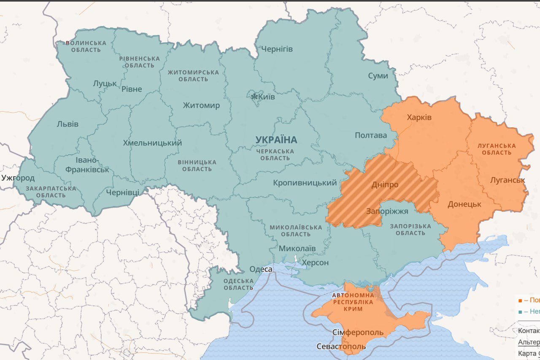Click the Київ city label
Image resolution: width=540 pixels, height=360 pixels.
pos(267,97)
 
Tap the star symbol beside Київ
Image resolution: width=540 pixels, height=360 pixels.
pos(254,97)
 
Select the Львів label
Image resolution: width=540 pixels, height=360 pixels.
pos(67,124)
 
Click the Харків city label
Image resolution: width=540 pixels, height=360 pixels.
pos(419,117)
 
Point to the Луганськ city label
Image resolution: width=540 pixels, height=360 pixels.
pos(507,180)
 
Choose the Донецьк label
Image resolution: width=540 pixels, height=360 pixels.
pos(464,204)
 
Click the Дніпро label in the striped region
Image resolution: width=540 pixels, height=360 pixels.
pos(385,185)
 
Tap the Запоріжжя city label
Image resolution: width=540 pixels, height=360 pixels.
pos(387,211)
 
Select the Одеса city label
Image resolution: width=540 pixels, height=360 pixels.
pos(261,269)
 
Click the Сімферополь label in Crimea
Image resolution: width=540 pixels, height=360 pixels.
pos(358,332)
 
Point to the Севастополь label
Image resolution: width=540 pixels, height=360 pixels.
pos(341,347)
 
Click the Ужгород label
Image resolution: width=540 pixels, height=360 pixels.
pos(18,178)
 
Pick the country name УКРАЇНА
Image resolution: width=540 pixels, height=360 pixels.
pos(276,140)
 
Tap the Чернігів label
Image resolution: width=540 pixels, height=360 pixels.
pos(277,49)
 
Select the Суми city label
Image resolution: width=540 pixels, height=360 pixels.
pos(378,76)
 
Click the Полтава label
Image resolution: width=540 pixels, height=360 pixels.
pos(370,135)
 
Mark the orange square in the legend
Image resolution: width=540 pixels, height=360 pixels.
pos(520,301)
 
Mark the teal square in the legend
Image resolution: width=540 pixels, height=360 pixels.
pos(520,312)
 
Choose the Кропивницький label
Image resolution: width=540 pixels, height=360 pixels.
pos(305,183)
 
